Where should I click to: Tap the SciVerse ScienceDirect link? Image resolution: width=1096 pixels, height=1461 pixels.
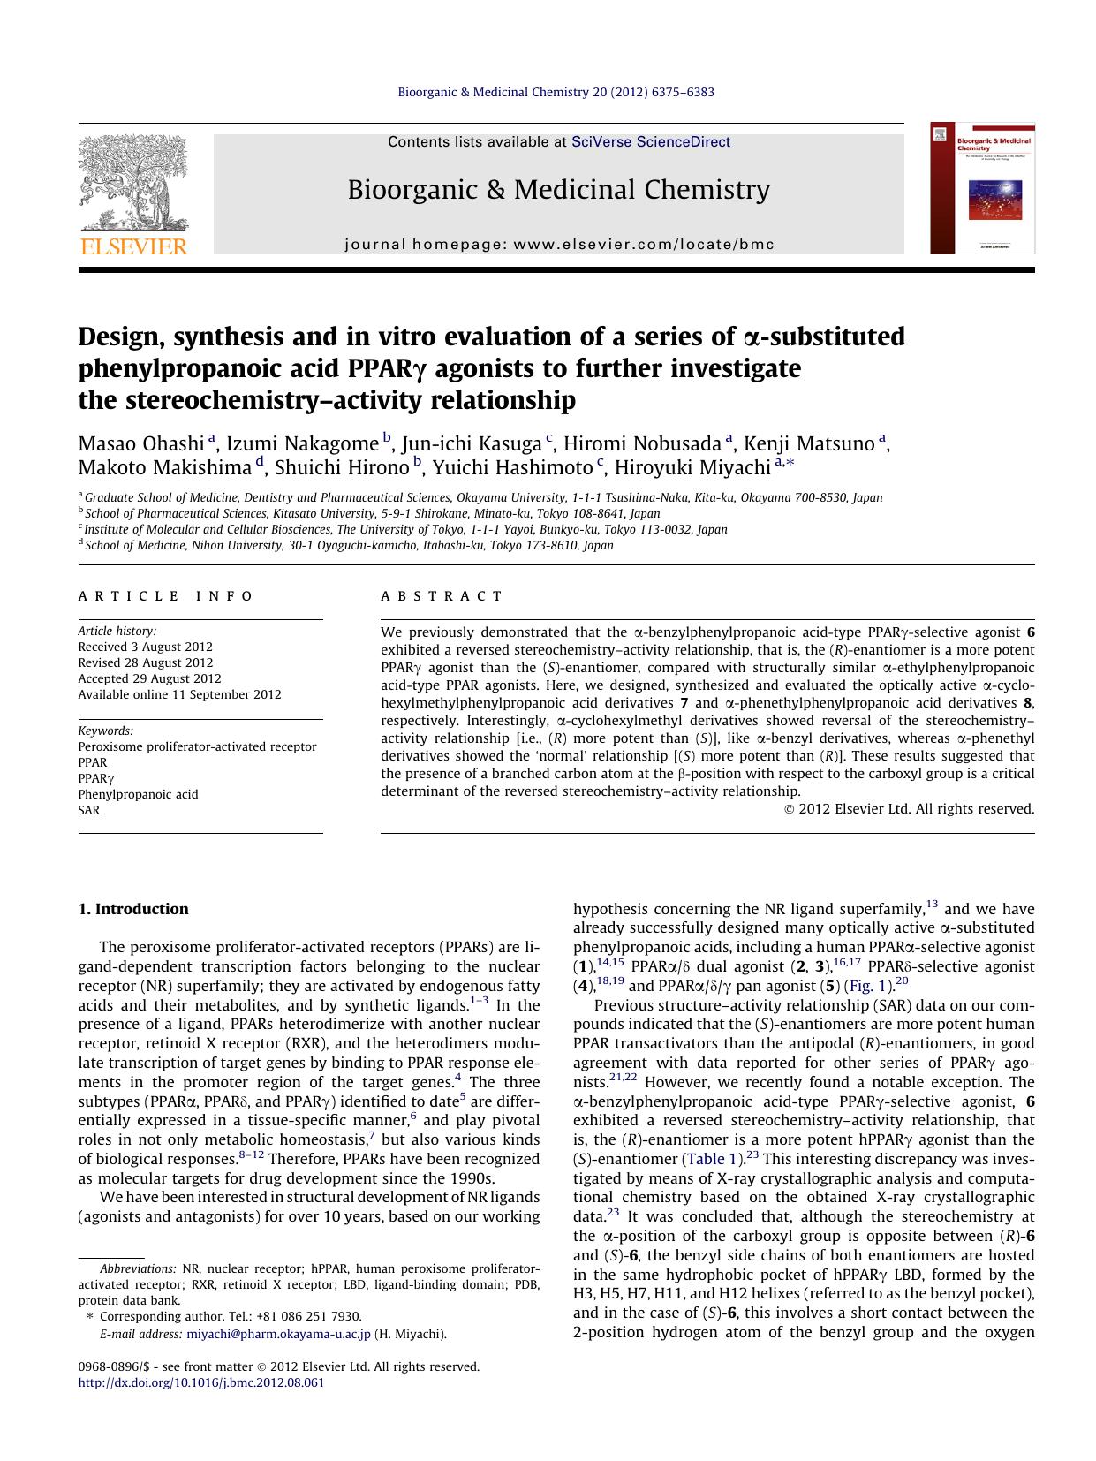pyautogui.click(x=650, y=141)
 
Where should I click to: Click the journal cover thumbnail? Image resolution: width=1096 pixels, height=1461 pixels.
pyautogui.click(x=982, y=188)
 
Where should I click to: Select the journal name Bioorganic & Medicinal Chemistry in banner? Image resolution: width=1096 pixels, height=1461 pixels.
pyautogui.click(x=558, y=190)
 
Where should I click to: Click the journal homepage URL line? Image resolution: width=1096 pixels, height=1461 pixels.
pyautogui.click(x=558, y=245)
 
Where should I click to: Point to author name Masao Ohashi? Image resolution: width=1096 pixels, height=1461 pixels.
pyautogui.click(x=141, y=443)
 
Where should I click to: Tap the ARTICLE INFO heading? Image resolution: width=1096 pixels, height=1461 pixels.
pyautogui.click(x=166, y=596)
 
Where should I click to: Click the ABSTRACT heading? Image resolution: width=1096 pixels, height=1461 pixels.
pyautogui.click(x=442, y=596)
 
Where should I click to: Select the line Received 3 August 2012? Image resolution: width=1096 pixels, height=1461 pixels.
pyautogui.click(x=145, y=647)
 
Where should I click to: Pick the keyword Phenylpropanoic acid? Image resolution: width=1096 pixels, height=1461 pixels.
pyautogui.click(x=138, y=794)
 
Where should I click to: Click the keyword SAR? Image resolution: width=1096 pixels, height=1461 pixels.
pyautogui.click(x=89, y=810)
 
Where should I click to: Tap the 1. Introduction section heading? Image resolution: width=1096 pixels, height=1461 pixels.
pyautogui.click(x=133, y=909)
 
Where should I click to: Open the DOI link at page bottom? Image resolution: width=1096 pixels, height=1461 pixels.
pyautogui.click(x=201, y=1382)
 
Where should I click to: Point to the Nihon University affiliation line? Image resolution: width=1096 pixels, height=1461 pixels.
pyautogui.click(x=349, y=545)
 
